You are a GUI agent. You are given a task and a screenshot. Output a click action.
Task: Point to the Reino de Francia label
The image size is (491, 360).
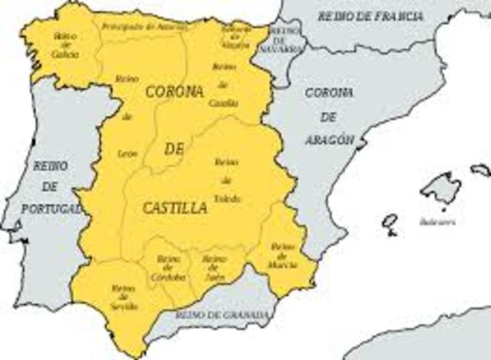[x=370, y=15]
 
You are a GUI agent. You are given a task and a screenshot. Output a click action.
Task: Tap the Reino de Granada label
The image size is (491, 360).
[x=221, y=315]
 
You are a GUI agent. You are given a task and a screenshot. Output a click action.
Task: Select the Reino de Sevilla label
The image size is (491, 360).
[x=124, y=297]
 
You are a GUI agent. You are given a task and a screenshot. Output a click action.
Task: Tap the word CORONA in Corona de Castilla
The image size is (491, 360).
[x=173, y=92]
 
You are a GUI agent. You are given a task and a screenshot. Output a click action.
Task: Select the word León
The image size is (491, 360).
[x=127, y=154]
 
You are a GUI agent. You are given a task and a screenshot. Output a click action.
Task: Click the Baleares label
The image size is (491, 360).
[x=437, y=221]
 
